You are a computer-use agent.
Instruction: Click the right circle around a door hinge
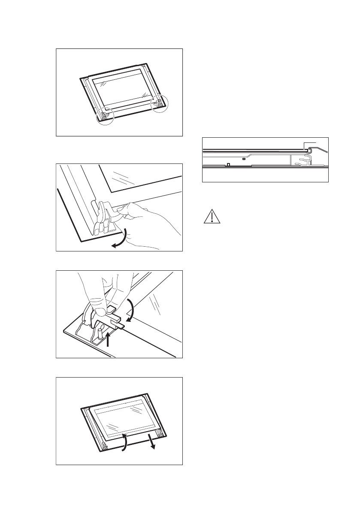(x=160, y=103)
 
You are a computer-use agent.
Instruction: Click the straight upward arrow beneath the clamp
(x=108, y=341)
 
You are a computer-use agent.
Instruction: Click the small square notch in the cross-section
(x=229, y=164)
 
